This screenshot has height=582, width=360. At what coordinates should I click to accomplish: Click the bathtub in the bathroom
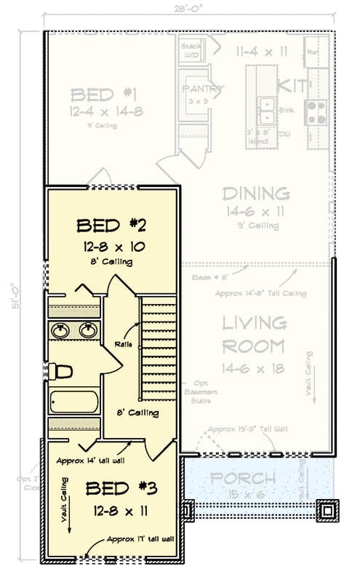coord(74,402)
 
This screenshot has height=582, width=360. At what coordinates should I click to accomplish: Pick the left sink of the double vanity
coord(60,330)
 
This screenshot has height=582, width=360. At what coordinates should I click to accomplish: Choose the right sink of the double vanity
coord(88,330)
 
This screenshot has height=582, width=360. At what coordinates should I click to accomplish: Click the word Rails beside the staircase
coord(124,344)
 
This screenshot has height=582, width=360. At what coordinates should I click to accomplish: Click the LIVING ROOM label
coord(253,334)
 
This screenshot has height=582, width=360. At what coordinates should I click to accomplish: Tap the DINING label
coord(256,194)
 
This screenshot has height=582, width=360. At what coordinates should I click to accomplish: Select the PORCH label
coord(244,479)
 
